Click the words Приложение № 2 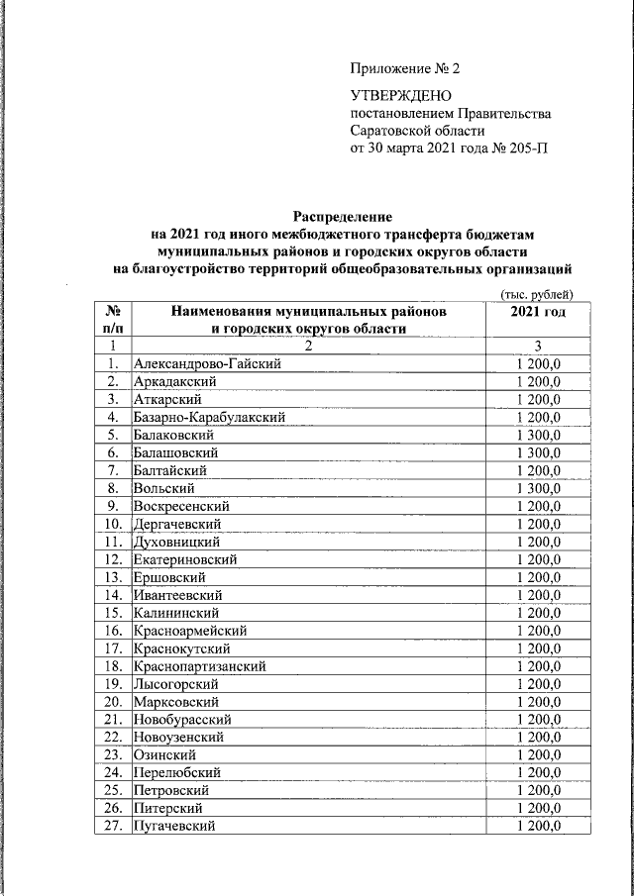(x=405, y=69)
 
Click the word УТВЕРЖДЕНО (x=400, y=96)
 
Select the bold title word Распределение (x=342, y=216)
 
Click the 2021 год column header (x=538, y=312)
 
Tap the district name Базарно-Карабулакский (x=209, y=417)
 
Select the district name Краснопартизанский (x=199, y=666)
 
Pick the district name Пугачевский (x=174, y=827)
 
